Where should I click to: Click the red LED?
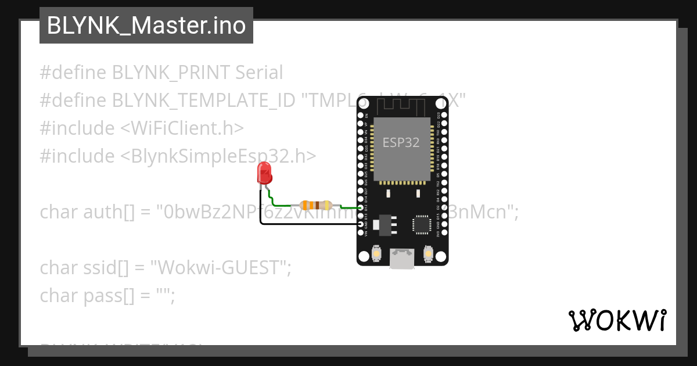[x=264, y=173]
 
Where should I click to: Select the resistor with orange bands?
[x=315, y=205]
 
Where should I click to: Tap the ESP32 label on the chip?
[x=401, y=142]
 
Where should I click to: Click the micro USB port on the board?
[x=402, y=259]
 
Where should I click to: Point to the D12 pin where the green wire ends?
[x=361, y=207]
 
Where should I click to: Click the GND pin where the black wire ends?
[x=361, y=224]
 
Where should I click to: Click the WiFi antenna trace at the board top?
[x=401, y=106]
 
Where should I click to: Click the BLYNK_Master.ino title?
[x=146, y=26]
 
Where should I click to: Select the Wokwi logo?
[x=617, y=321]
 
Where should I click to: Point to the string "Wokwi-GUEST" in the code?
[x=220, y=268]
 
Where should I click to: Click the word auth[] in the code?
[x=100, y=212]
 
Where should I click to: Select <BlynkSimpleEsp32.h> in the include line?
[x=218, y=156]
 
